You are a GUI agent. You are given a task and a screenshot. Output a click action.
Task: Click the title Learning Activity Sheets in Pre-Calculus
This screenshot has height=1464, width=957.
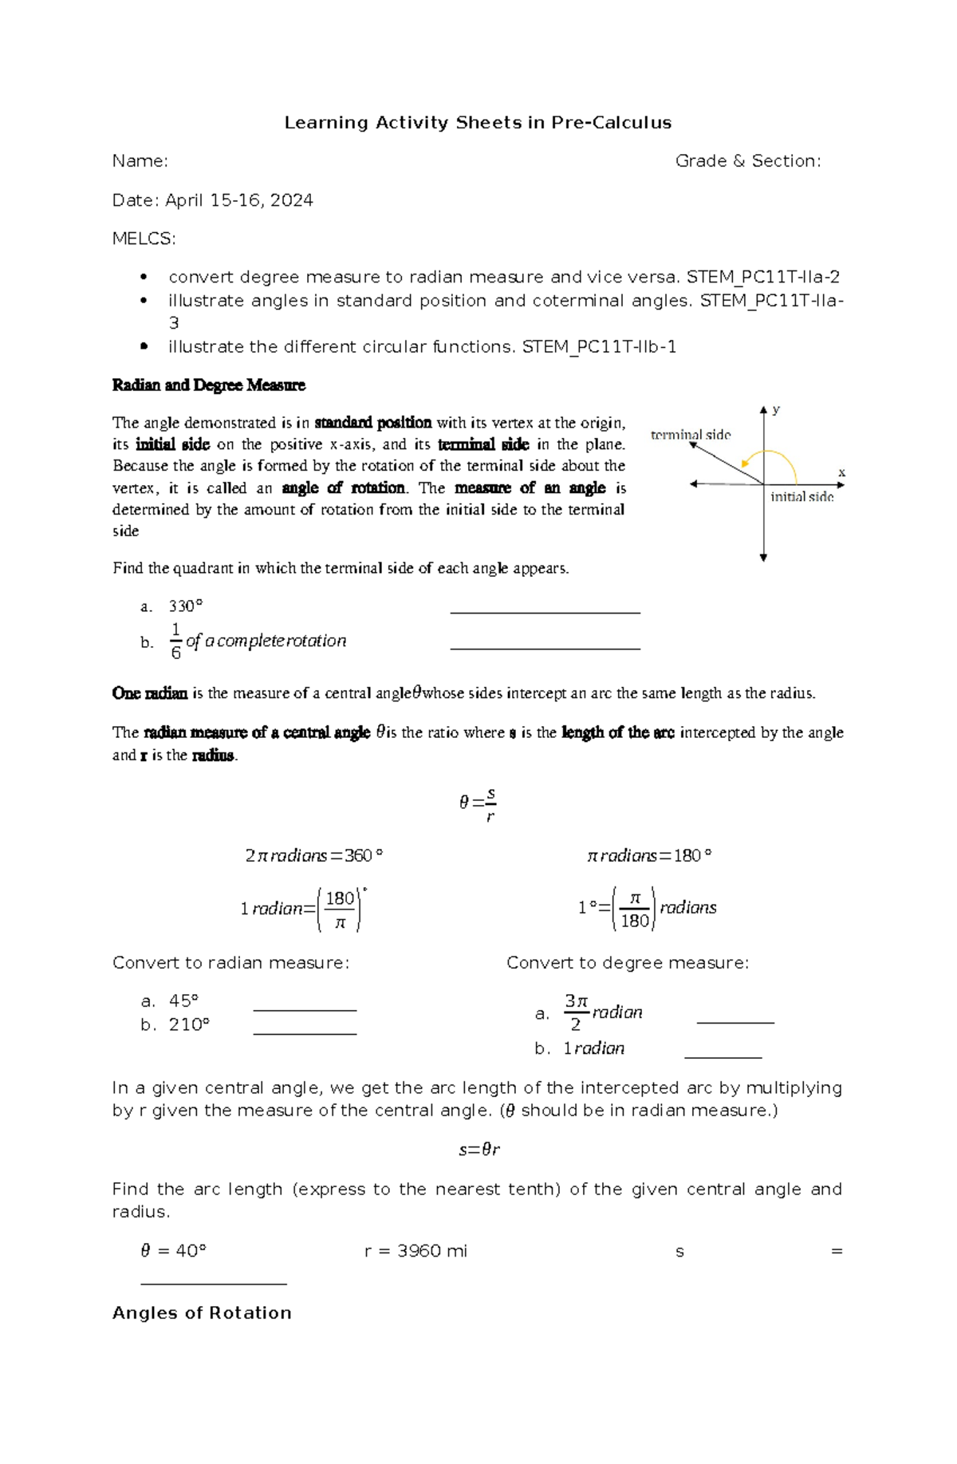[478, 123]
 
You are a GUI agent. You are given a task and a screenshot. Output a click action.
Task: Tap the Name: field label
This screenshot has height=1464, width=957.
[140, 161]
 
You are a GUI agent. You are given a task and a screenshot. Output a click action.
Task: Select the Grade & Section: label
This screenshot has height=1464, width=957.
[747, 161]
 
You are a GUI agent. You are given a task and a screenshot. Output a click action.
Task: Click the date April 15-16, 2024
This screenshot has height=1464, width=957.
[238, 200]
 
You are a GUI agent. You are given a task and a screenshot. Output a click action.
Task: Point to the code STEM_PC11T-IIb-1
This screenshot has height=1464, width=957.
[599, 347]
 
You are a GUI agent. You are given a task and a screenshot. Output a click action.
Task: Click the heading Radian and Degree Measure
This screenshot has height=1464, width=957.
[209, 385]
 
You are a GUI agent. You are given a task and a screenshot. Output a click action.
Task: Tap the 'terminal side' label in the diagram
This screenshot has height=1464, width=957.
[691, 435]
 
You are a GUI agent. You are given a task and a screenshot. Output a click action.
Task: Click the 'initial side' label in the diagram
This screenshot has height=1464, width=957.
[801, 497]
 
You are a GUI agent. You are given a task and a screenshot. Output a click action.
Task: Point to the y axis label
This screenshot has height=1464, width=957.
[776, 409]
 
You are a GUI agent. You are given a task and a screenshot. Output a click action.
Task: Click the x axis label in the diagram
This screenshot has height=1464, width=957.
[841, 472]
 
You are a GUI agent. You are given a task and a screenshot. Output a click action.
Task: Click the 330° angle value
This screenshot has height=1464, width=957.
[186, 606]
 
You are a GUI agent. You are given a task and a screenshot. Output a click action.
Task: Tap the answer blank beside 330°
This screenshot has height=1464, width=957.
[545, 610]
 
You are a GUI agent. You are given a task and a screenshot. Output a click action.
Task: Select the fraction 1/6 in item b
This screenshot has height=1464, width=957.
[175, 641]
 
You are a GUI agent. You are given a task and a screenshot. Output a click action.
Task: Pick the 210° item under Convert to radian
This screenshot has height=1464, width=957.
[189, 1024]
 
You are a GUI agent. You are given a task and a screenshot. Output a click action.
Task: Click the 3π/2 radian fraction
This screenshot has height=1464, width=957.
[576, 1012]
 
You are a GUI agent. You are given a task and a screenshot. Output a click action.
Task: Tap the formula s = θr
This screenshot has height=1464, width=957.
[478, 1150]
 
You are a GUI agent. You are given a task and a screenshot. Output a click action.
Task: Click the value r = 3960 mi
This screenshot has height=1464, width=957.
[415, 1251]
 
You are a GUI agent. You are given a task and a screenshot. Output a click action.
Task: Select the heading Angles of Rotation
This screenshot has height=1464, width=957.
[202, 1313]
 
